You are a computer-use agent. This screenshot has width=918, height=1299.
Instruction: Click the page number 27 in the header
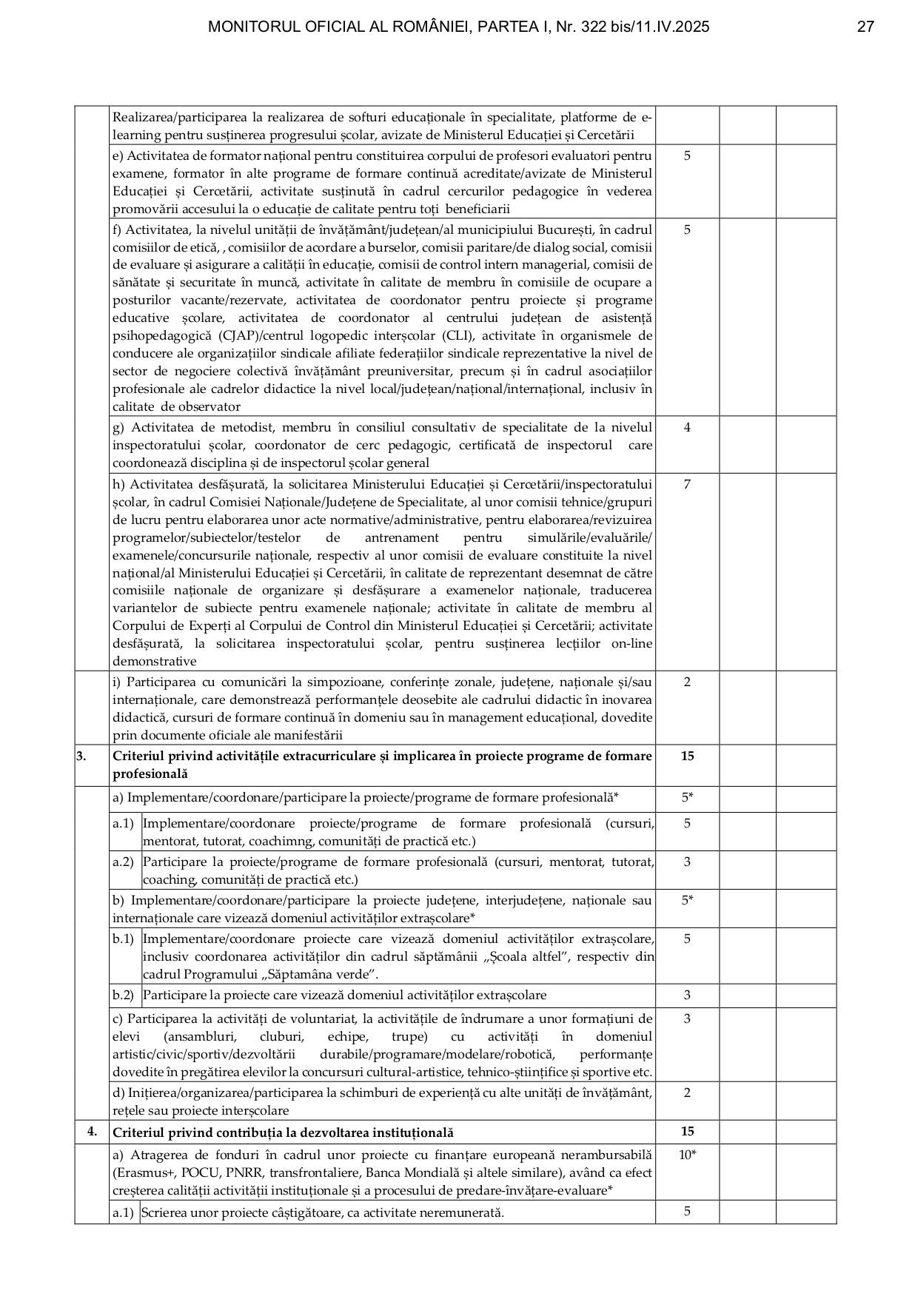[865, 27]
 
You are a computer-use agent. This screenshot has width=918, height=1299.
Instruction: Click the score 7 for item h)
[687, 484]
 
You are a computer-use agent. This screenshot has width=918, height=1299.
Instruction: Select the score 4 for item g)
[687, 427]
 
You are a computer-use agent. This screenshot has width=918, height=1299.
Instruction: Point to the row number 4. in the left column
[92, 1131]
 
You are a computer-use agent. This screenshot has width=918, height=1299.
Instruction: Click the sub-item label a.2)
[123, 862]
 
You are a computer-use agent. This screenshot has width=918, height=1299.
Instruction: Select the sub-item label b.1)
[123, 939]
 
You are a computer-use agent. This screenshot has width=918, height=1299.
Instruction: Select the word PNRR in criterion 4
[231, 1172]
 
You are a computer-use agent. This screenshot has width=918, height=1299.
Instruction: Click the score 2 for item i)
[687, 682]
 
